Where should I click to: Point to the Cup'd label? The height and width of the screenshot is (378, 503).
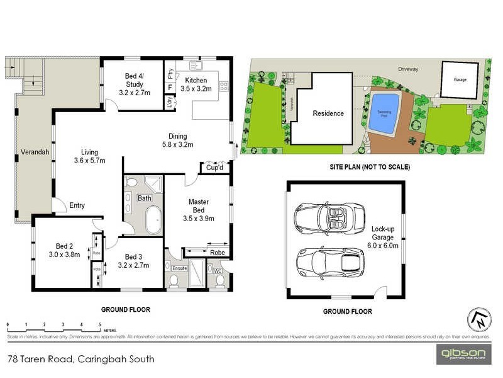[215, 169]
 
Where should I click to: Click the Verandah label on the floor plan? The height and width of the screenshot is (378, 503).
[32, 152]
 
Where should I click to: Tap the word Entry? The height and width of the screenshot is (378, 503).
[77, 205]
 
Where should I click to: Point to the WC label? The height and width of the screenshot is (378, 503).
[218, 272]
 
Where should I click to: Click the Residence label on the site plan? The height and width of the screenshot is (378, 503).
[328, 113]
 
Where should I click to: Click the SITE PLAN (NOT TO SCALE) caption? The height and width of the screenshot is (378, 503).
[370, 167]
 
